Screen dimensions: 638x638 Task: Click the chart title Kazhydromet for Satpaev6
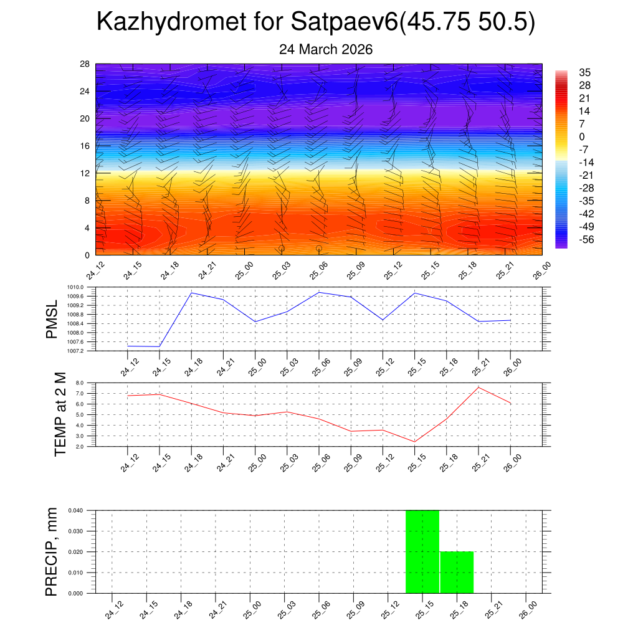coord(317,23)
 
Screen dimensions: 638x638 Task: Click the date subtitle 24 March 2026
coord(326,50)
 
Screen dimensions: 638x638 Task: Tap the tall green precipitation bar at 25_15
coord(422,551)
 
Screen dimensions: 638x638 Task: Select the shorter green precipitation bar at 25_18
coord(457,572)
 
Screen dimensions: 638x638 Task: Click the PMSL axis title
coord(52,319)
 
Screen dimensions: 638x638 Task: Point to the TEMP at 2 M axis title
coord(60,414)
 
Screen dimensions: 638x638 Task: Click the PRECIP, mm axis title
coord(52,551)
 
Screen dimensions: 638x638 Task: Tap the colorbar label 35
coord(584,72)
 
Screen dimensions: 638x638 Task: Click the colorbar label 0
coord(582,137)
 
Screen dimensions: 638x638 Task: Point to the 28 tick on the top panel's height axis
coord(85,64)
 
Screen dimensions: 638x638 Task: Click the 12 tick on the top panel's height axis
coord(85,173)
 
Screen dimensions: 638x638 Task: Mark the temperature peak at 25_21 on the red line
coord(478,388)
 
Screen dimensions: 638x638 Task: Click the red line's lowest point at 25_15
coord(414,442)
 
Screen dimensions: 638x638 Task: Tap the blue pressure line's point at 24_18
coord(191,293)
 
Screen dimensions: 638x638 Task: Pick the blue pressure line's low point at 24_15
coord(159,346)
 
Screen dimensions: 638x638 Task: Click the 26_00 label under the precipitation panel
coord(527,608)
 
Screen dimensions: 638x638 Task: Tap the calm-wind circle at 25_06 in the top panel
coord(319,248)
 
